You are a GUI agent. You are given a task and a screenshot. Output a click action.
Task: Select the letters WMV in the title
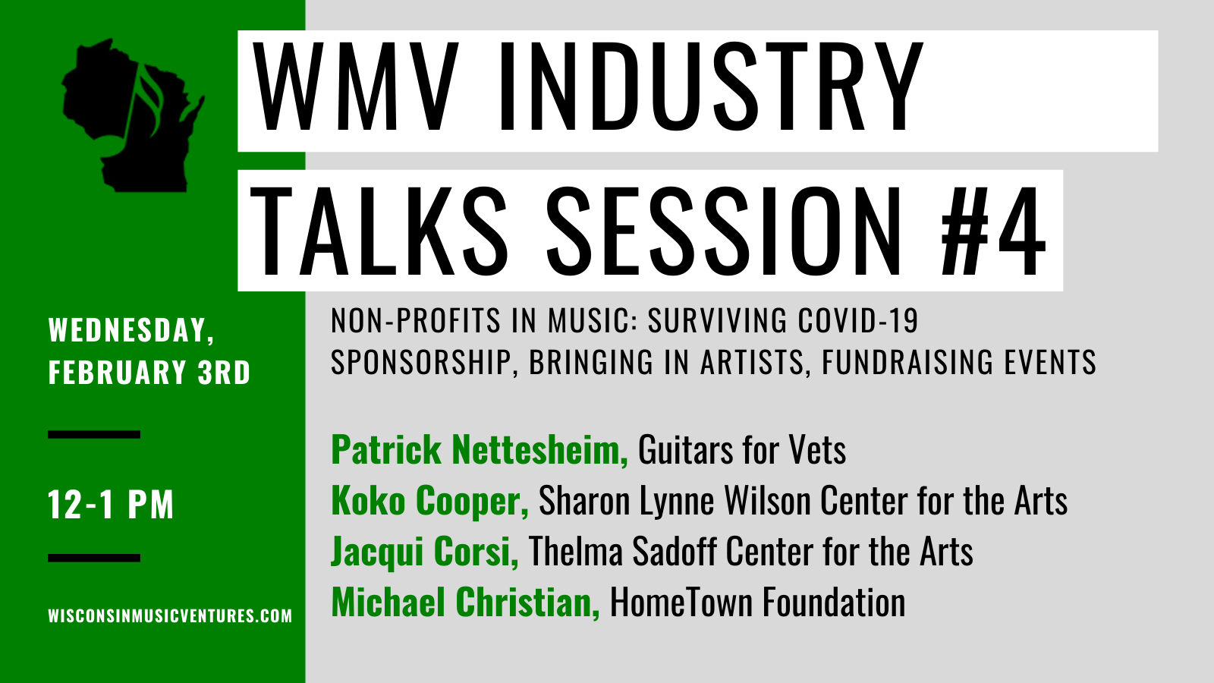click(x=355, y=86)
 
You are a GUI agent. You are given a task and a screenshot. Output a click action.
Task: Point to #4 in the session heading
click(x=993, y=231)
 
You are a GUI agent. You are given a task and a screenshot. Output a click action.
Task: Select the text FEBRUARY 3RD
click(x=149, y=373)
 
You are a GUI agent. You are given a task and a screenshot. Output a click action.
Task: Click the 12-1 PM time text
click(x=111, y=505)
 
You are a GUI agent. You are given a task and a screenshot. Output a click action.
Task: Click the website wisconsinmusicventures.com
click(x=170, y=615)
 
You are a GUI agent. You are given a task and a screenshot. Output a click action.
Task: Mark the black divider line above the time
click(x=94, y=434)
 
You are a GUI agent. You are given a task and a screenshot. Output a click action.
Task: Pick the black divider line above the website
click(x=94, y=558)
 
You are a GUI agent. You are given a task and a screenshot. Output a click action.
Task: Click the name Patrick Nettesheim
click(x=480, y=449)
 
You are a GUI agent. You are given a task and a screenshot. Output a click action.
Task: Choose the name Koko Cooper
click(x=429, y=501)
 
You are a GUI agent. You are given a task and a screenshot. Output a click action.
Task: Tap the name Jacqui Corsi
click(x=425, y=552)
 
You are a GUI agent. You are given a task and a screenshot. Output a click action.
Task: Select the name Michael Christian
click(x=466, y=602)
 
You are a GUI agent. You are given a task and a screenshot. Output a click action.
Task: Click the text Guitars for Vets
click(x=742, y=449)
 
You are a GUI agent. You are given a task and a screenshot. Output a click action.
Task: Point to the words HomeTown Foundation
click(x=758, y=602)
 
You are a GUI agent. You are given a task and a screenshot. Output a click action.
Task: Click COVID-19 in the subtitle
click(x=858, y=319)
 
